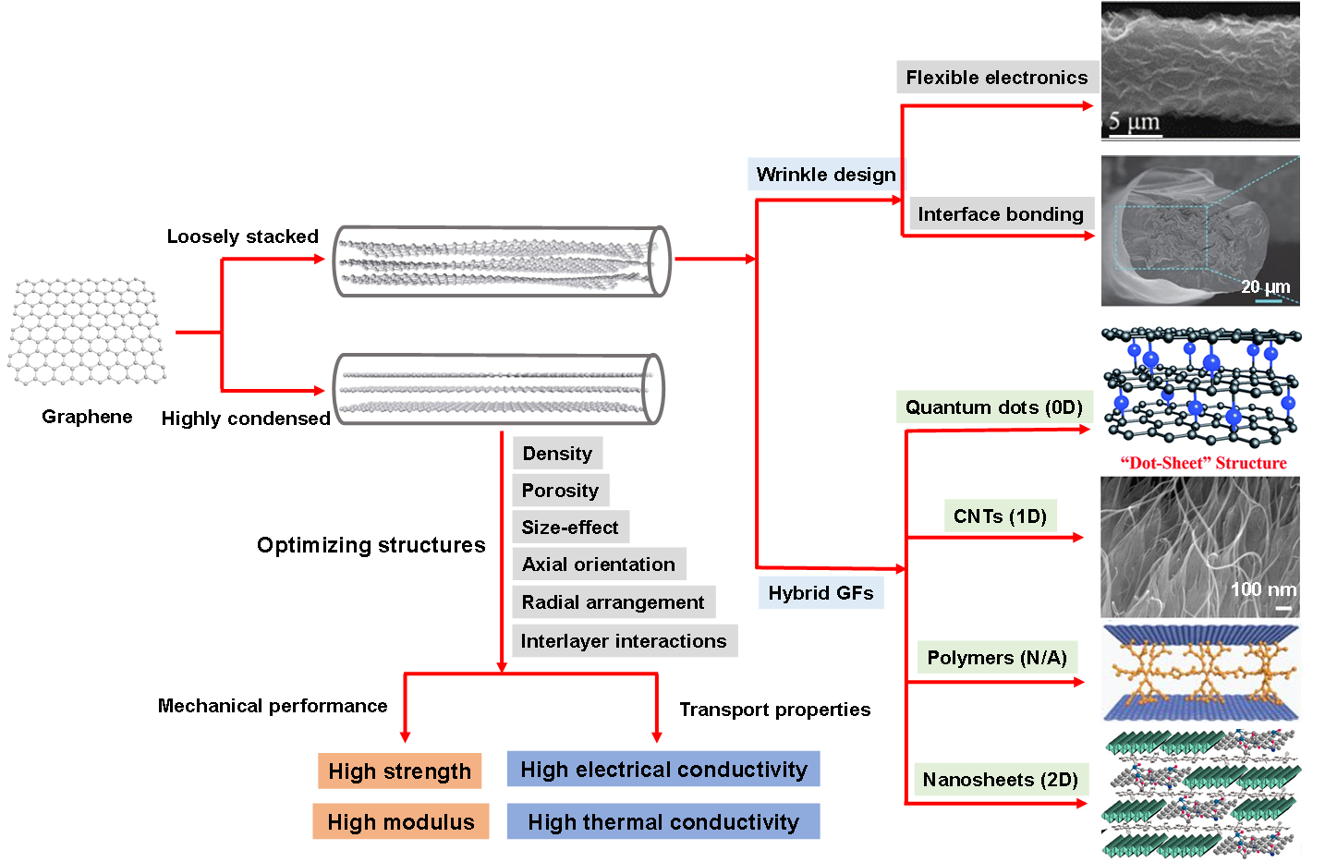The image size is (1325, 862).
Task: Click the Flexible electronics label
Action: (x=997, y=78)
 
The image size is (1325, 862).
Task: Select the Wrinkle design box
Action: (x=826, y=175)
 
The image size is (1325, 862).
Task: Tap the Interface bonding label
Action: (x=1001, y=214)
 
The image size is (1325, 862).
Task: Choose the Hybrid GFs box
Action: (x=821, y=593)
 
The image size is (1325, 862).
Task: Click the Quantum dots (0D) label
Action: (x=994, y=407)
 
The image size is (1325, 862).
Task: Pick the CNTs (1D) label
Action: (x=1000, y=516)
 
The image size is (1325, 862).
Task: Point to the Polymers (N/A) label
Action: (x=997, y=658)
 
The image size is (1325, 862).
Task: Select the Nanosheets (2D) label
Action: (x=1001, y=780)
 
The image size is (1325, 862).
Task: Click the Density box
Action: (x=557, y=454)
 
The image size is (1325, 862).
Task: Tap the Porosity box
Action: (x=560, y=491)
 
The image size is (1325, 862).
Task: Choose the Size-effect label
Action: (x=570, y=528)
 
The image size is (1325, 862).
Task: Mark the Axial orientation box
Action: (x=599, y=565)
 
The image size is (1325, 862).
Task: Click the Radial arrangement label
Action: (x=613, y=602)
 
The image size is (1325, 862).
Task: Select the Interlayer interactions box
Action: (x=624, y=641)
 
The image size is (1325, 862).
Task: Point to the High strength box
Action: (x=399, y=771)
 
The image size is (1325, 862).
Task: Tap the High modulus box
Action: (x=400, y=822)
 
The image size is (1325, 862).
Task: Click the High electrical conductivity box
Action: (x=663, y=770)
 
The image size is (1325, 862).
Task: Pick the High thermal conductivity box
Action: (x=663, y=822)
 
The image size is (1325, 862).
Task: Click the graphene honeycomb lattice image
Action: (x=88, y=333)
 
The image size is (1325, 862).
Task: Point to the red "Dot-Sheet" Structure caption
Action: (x=1203, y=464)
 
